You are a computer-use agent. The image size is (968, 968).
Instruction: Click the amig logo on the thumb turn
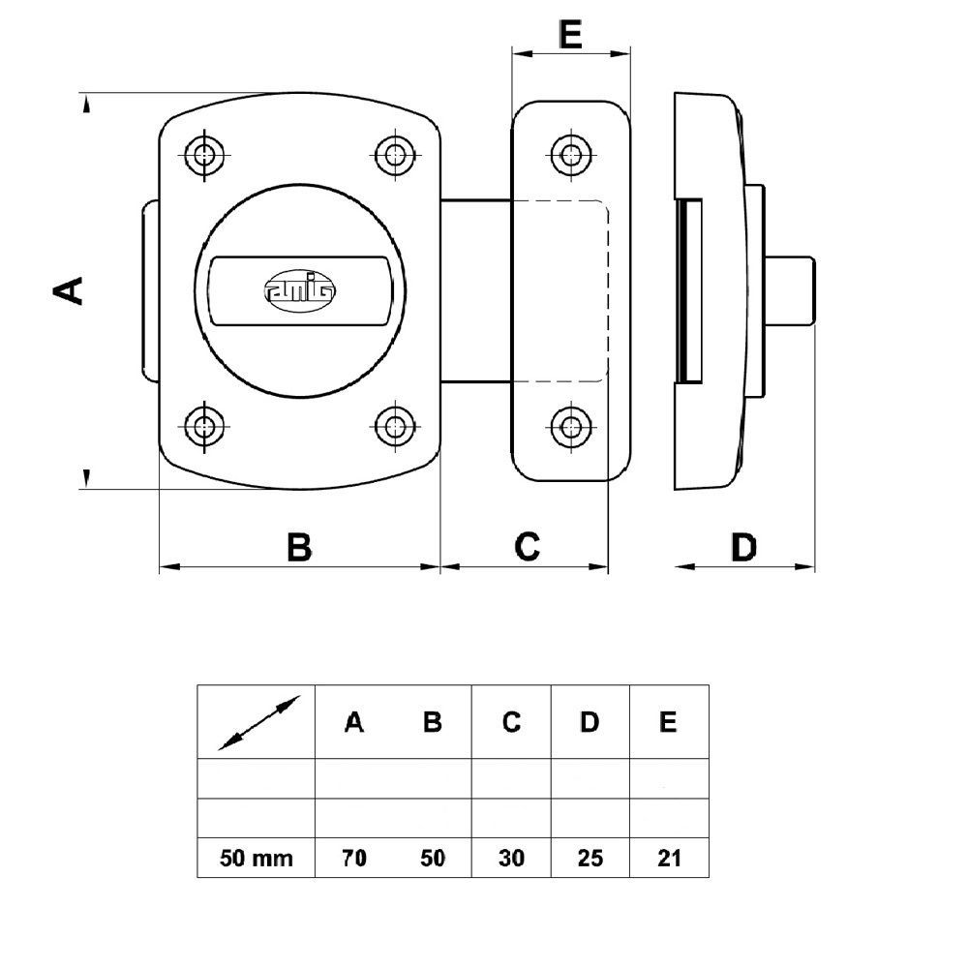[x=300, y=290]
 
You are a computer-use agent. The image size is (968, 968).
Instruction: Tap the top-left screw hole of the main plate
[x=204, y=154]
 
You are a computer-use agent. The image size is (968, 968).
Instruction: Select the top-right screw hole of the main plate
[x=395, y=154]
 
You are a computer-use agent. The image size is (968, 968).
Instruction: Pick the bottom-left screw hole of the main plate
[x=204, y=426]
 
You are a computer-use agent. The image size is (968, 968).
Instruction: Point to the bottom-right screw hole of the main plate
[x=395, y=426]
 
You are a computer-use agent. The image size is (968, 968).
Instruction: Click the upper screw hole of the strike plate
[x=571, y=154]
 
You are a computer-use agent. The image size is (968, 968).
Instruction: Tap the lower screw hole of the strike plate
[x=571, y=426]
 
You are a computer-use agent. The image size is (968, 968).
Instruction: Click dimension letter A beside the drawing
[x=68, y=290]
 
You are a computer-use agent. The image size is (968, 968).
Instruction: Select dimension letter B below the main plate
[x=299, y=547]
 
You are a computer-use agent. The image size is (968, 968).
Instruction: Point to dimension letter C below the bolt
[x=528, y=546]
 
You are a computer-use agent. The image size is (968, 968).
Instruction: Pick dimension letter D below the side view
[x=743, y=547]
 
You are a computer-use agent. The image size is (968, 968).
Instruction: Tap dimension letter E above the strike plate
[x=570, y=34]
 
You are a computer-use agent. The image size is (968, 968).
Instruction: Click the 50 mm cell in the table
[x=257, y=858]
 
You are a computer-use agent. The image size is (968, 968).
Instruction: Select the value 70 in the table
[x=353, y=858]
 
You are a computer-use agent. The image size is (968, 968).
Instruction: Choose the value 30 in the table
[x=511, y=858]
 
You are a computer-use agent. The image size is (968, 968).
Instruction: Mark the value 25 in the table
[x=590, y=858]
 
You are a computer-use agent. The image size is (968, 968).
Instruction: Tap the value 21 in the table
[x=669, y=858]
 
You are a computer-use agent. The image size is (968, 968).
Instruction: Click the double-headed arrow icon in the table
[x=259, y=722]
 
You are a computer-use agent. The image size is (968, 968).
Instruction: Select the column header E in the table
[x=668, y=722]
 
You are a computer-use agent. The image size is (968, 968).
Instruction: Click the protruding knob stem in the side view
[x=791, y=290]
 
